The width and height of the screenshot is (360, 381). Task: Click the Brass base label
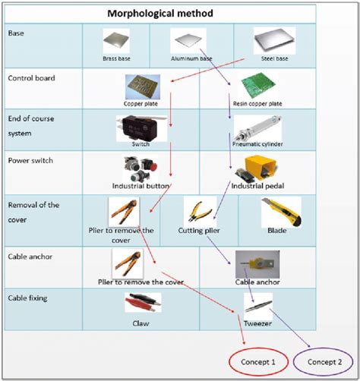(117, 58)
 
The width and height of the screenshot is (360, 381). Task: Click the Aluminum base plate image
(187, 39)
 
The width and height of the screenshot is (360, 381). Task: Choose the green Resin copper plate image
(254, 87)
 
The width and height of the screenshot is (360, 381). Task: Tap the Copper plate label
(139, 102)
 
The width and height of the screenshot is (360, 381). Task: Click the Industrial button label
(140, 186)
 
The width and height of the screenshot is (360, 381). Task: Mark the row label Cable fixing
(27, 298)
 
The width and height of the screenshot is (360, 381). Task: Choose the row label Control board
(30, 77)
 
